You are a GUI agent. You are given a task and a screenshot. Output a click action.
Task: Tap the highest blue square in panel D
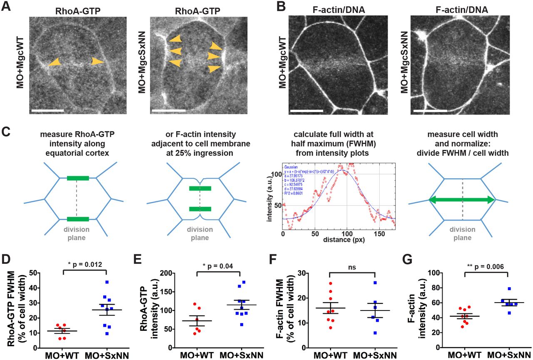click(107, 282)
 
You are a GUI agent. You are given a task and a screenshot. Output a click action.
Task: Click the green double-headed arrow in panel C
click(462, 200)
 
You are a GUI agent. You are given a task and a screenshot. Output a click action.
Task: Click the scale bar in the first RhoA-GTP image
click(47, 111)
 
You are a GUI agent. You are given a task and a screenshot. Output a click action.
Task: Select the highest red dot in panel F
click(330, 283)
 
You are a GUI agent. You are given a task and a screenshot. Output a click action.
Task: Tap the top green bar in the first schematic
click(77, 178)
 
